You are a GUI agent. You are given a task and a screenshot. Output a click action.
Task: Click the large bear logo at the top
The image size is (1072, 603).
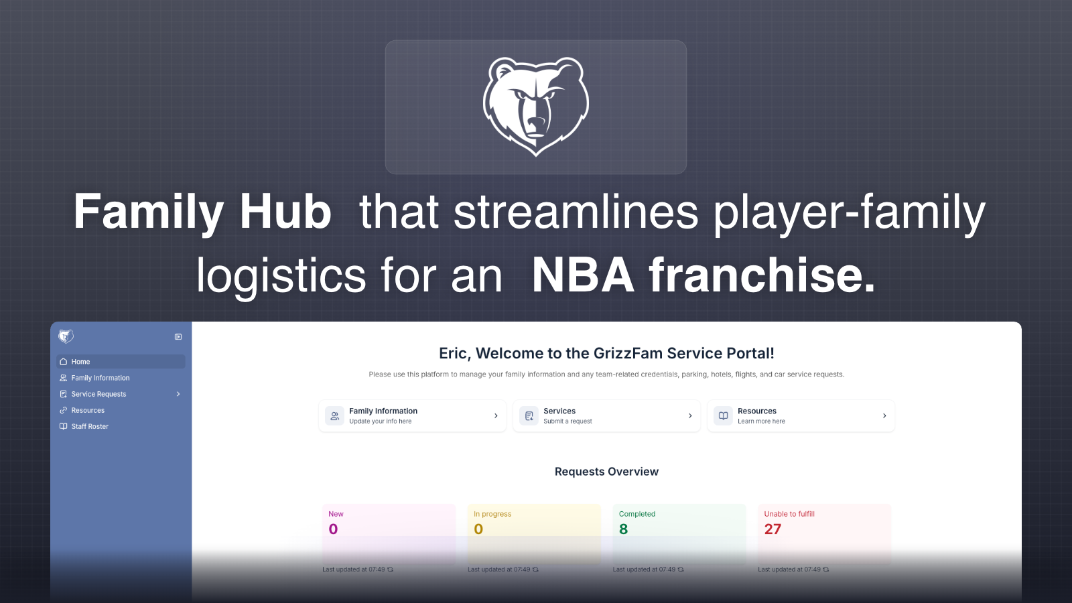[536, 106]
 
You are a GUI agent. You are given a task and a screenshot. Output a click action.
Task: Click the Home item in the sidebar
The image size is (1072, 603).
[80, 362]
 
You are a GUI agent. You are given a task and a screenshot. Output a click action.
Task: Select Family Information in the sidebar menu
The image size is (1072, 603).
[100, 378]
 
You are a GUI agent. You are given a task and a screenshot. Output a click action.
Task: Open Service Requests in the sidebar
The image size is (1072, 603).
[98, 394]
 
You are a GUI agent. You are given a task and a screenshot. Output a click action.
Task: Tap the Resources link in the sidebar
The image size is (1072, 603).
[88, 410]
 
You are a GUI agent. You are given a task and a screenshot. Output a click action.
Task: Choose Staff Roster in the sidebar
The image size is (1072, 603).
[90, 426]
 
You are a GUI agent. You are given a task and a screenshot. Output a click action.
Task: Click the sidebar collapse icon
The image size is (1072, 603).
[178, 337]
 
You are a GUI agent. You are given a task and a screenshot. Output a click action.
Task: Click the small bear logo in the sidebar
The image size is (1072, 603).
[66, 336]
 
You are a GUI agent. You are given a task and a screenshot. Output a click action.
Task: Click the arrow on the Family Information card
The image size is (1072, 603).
[496, 416]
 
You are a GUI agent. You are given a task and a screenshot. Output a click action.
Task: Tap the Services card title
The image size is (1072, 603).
[559, 411]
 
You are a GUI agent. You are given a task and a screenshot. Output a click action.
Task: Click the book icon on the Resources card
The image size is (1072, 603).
[724, 416]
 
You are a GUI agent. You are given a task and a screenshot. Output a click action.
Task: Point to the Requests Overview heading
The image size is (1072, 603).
[606, 472]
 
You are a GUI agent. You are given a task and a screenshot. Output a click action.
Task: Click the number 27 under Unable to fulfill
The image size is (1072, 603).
[773, 529]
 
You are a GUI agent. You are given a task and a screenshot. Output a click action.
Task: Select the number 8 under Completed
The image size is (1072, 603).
[624, 529]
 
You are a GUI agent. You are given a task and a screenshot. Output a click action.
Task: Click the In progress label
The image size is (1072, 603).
[492, 514]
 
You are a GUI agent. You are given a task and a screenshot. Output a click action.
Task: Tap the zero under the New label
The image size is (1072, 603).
[333, 529]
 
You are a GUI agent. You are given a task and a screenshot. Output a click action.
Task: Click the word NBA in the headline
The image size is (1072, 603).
[583, 275]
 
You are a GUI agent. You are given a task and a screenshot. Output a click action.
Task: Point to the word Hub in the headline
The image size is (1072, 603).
[286, 212]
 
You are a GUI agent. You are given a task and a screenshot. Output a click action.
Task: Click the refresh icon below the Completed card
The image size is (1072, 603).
[681, 569]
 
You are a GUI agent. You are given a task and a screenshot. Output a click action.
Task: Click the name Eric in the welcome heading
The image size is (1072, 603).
[454, 354]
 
